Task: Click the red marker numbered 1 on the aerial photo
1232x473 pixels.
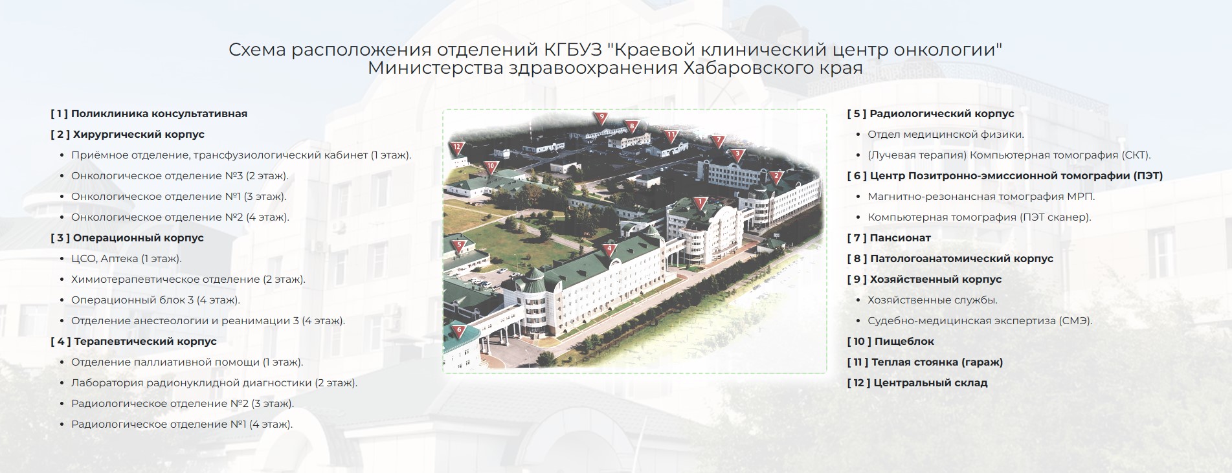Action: point(699,204)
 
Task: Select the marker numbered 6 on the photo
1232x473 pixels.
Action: point(459,331)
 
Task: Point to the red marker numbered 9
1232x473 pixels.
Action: point(601,118)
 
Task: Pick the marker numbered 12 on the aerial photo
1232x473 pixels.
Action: point(457,148)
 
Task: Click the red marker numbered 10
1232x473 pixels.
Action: point(491,167)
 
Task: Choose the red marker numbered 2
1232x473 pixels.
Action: point(777,176)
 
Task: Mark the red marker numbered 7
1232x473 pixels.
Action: point(717,141)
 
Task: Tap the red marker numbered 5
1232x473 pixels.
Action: point(460,247)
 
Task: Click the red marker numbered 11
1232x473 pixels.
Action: point(671,137)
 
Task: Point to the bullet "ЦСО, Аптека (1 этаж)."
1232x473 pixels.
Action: point(126,259)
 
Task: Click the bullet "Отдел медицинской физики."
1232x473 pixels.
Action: point(946,135)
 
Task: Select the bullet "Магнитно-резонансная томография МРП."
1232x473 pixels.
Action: point(981,197)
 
